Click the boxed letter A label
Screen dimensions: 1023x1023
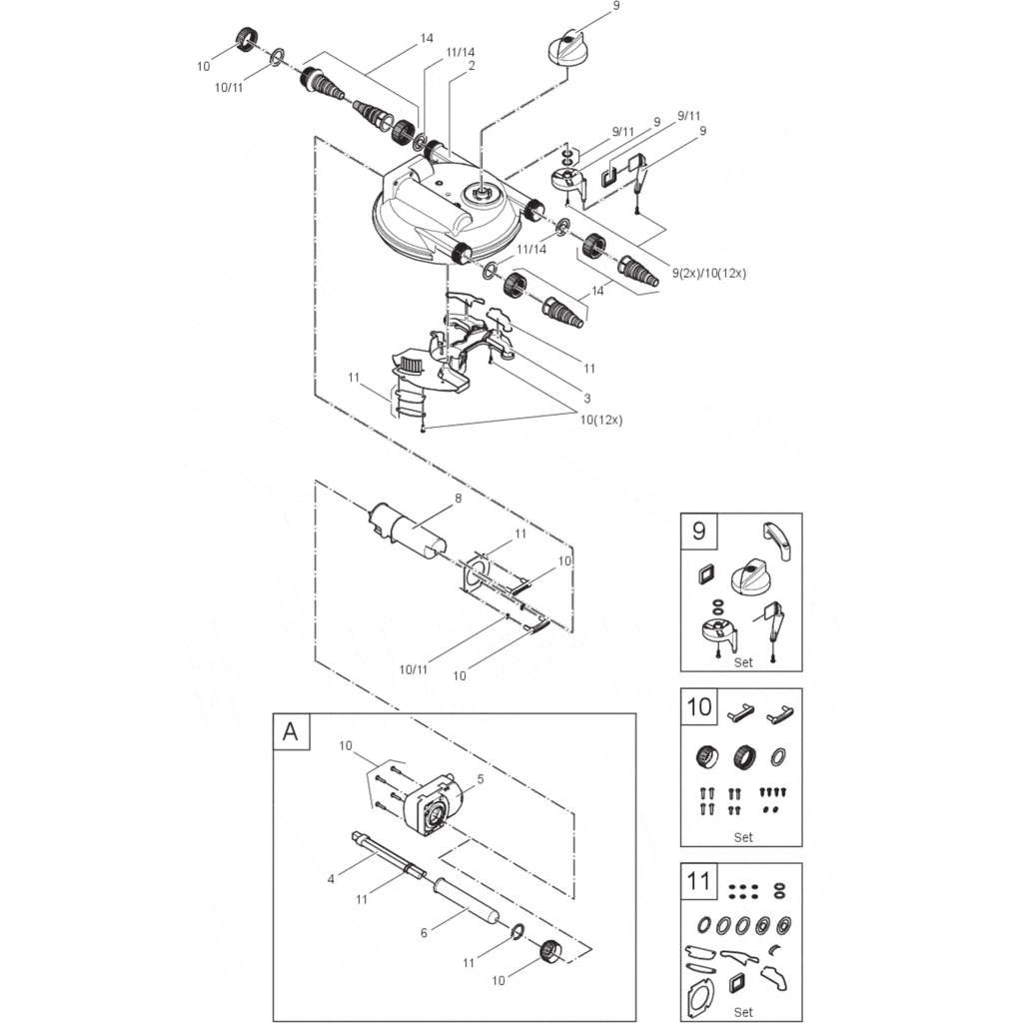[291, 731]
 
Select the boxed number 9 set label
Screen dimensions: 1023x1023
[698, 530]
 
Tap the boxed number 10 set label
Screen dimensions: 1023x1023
[700, 707]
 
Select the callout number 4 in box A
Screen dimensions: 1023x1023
[331, 879]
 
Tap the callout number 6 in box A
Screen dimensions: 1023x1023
[424, 932]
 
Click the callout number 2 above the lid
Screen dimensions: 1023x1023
[470, 65]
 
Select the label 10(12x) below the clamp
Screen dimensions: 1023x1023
[599, 420]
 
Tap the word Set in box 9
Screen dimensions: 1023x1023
[742, 661]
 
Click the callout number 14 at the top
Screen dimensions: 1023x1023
[427, 38]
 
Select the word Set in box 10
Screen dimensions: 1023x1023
[742, 837]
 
